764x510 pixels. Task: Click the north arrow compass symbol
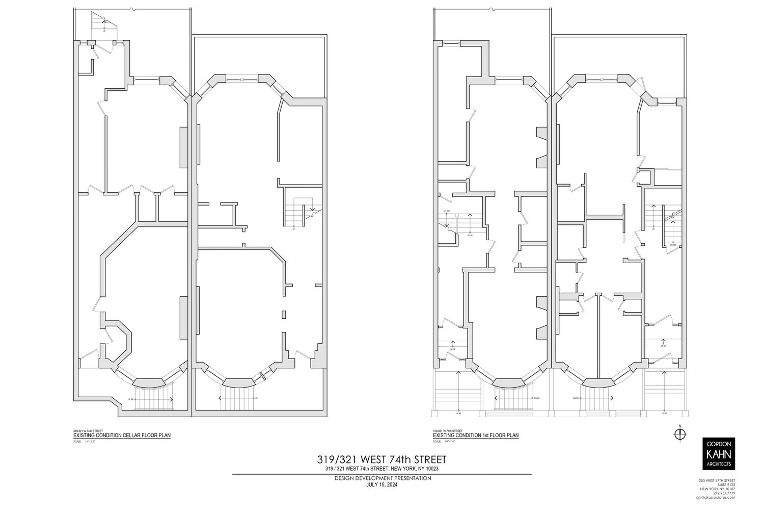pos(679,433)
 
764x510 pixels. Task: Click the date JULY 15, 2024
pos(382,484)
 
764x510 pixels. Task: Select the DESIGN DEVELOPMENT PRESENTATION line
pos(383,478)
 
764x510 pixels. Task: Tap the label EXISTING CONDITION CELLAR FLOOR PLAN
pos(122,436)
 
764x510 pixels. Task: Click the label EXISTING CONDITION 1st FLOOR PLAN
pos(475,436)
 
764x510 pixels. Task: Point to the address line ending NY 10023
pos(382,468)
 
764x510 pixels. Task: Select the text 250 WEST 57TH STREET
pos(717,480)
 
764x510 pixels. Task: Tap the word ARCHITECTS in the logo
pos(719,464)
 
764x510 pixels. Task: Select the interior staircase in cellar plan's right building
pos(299,211)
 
